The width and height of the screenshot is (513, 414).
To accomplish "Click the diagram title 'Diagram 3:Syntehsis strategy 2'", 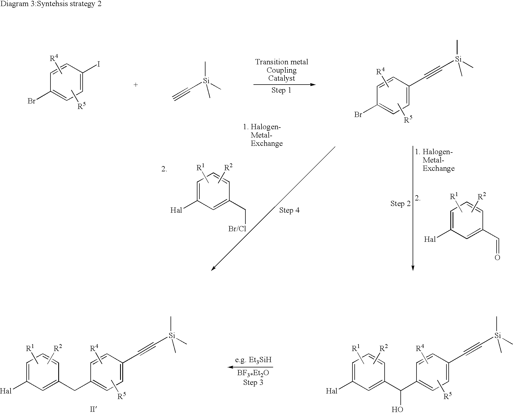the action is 51,4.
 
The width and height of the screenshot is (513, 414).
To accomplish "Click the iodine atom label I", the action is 98,65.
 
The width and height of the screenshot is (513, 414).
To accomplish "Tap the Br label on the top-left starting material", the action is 31,101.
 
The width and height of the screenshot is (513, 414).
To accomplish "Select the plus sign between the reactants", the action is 136,85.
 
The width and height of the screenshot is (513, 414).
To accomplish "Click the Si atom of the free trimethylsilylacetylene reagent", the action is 206,81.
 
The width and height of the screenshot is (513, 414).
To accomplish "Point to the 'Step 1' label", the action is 281,90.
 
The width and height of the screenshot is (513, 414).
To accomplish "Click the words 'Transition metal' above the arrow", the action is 281,62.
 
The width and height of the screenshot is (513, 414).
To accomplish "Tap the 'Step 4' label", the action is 289,210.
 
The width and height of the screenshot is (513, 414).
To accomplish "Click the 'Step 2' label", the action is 401,204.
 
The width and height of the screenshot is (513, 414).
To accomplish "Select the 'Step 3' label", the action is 253,382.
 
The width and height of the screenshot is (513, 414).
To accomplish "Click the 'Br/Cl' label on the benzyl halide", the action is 237,229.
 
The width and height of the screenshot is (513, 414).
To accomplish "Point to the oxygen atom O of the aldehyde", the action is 497,258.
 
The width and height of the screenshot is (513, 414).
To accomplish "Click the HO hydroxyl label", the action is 397,409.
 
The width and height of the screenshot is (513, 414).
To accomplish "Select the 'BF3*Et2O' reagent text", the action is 253,373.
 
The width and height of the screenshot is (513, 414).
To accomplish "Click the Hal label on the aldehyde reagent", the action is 430,239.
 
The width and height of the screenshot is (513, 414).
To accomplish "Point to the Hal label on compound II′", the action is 6,391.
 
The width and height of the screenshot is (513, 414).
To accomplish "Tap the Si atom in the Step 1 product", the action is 458,59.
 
